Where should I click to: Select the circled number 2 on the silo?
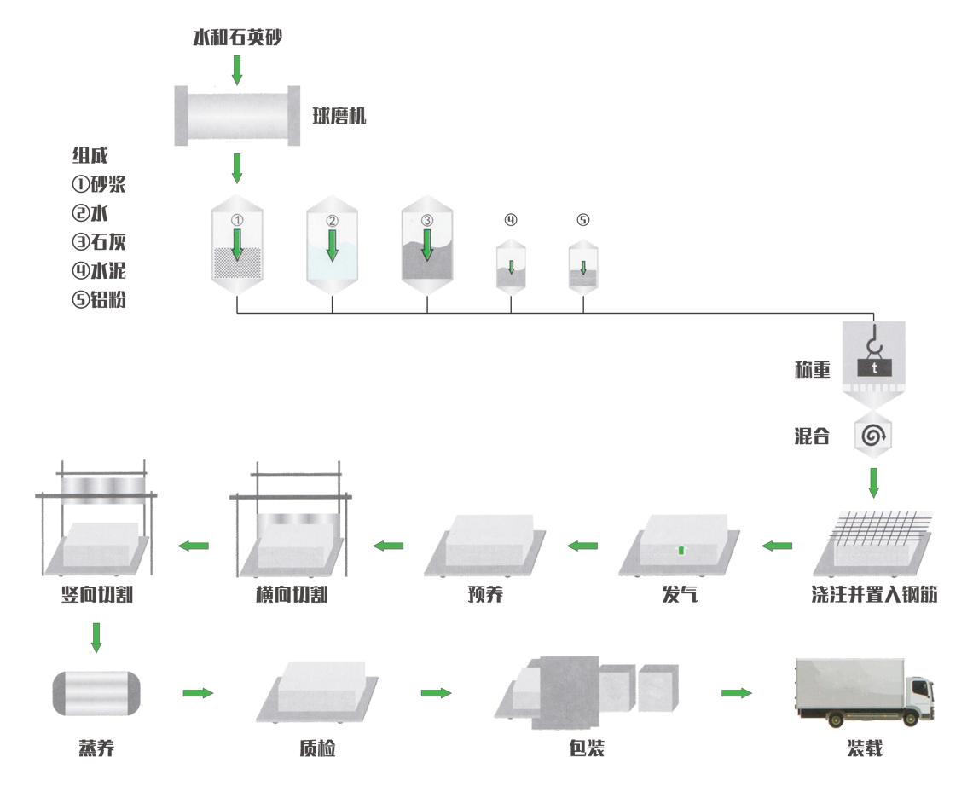pos(332,220)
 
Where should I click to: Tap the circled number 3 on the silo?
pos(427,219)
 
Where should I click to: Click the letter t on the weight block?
pos(874,367)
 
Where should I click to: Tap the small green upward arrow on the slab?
pos(681,549)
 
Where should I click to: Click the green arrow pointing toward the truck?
pos(735,693)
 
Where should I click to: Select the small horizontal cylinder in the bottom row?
pos(96,691)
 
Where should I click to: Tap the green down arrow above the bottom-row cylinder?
pos(96,636)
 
